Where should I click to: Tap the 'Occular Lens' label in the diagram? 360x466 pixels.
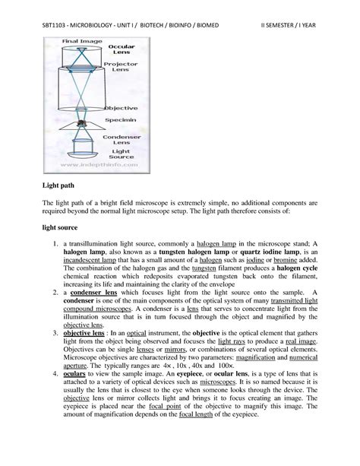coord(122,50)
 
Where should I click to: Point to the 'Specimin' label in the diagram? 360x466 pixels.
coord(122,118)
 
